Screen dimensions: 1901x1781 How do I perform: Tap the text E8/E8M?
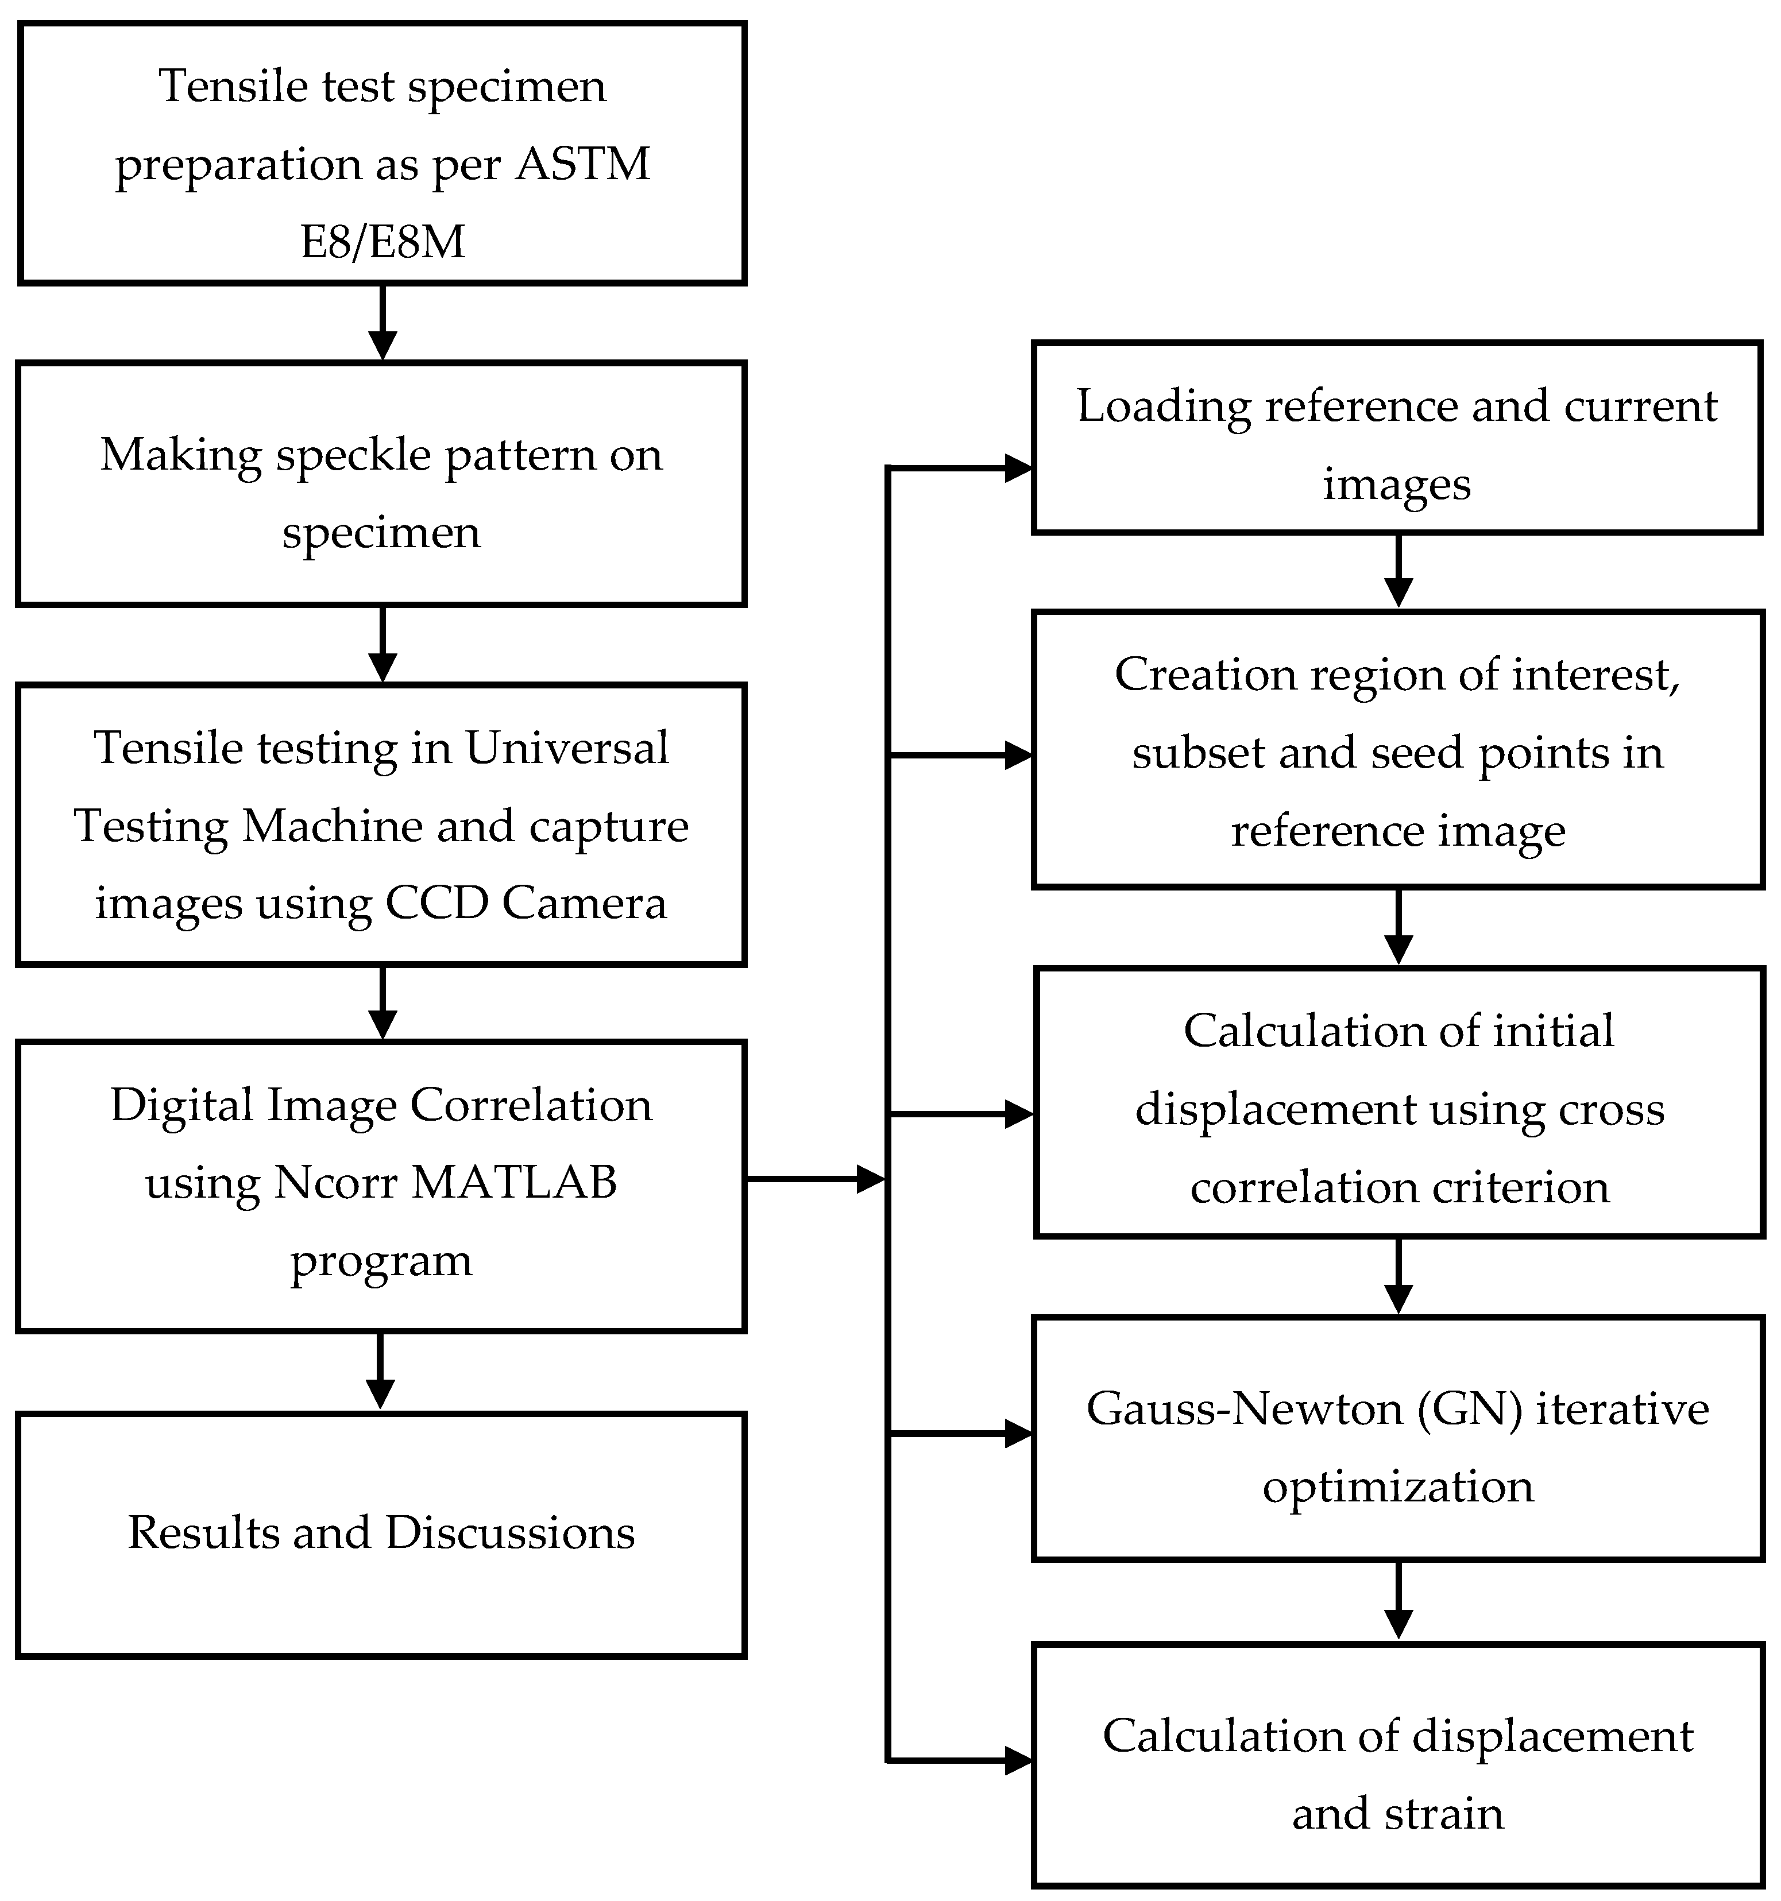383,241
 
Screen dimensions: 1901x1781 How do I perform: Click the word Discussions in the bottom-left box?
510,1533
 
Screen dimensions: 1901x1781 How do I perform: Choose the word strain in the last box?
1450,1814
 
